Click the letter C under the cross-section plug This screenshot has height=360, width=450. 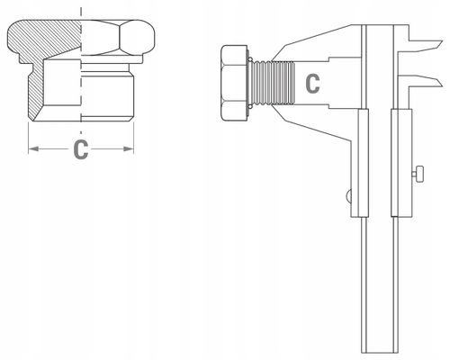coord(80,150)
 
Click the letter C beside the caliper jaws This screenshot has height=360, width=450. coord(311,84)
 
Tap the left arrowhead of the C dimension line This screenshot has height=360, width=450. coord(31,149)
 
